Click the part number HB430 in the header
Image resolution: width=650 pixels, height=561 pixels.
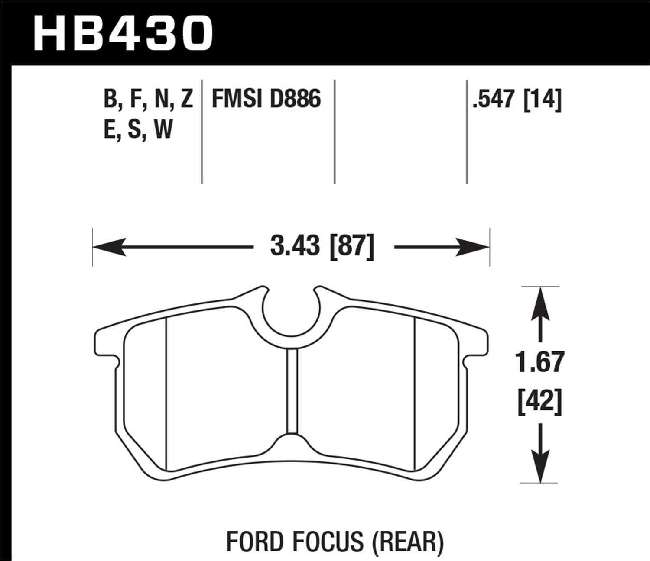tap(123, 32)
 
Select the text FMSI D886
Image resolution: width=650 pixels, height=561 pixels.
tap(266, 99)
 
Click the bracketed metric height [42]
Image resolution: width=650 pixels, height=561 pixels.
tap(539, 400)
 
